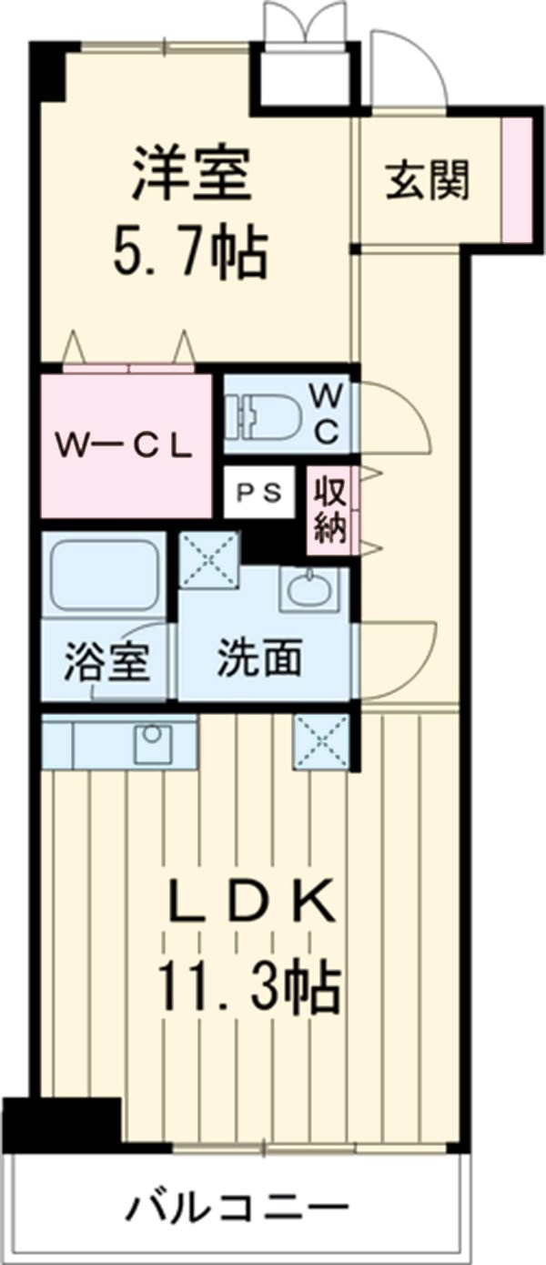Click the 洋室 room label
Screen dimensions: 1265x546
tap(191, 173)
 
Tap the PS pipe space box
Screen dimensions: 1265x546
tap(259, 493)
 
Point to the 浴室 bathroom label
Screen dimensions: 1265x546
tap(106, 662)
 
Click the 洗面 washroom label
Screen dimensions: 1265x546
tap(258, 662)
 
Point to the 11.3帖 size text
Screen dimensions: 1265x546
tap(249, 988)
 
